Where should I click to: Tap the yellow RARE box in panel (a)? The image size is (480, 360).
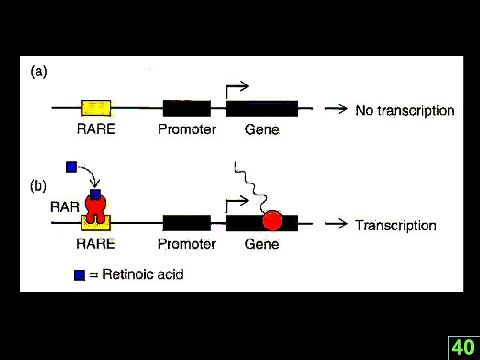point(96,107)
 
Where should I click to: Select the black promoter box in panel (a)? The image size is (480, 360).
point(187,108)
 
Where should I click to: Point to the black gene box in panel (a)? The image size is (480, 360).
point(261,108)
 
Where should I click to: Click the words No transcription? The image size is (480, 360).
point(405,111)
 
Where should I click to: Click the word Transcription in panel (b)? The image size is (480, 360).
point(395,225)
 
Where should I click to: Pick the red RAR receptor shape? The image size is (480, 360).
point(96,209)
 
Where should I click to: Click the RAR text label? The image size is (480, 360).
point(65,207)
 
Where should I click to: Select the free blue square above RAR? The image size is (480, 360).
point(72,167)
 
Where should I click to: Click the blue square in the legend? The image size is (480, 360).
point(80,275)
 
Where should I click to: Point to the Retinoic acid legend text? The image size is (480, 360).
point(143,274)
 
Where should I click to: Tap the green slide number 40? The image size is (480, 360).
point(463,347)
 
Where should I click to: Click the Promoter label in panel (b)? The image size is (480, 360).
point(187,244)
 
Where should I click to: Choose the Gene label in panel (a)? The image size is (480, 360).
point(262,129)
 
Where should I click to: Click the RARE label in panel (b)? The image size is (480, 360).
point(95,244)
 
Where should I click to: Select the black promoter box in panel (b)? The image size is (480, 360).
point(187,223)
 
